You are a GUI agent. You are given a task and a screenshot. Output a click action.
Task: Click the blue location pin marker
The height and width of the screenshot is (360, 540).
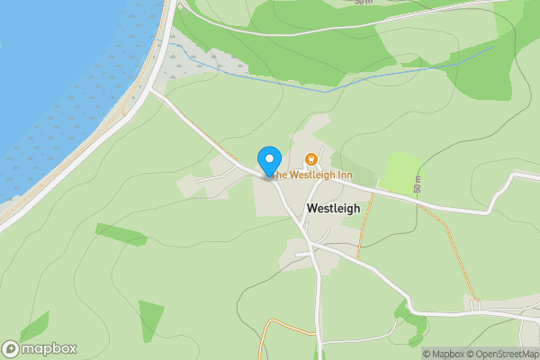coord(269,160)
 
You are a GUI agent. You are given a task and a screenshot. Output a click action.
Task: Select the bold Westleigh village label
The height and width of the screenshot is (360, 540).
coord(333,208)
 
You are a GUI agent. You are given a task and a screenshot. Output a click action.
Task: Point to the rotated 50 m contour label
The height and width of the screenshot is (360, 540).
coord(418,184)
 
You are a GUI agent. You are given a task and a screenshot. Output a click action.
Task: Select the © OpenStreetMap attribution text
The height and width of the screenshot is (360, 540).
coord(500,354)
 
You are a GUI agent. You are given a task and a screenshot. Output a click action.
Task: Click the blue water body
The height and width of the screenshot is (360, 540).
coord(54,72)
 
